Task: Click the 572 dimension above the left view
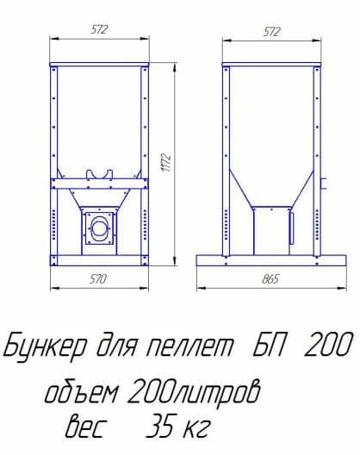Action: (x=99, y=30)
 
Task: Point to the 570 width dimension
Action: (x=99, y=278)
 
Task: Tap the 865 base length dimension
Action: (x=271, y=278)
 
